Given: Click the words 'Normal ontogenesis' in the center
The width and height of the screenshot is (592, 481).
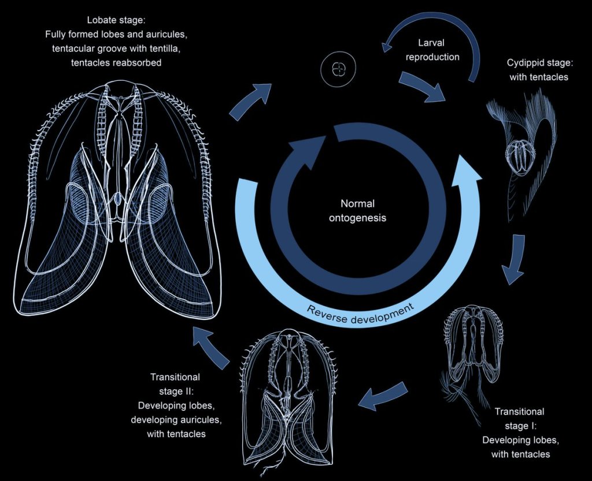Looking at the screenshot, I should (357, 211).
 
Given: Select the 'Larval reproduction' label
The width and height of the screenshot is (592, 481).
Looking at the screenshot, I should (439, 50).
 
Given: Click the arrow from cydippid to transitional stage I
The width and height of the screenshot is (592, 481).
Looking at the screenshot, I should (513, 259).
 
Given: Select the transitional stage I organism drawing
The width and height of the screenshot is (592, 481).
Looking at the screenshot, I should (472, 352).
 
